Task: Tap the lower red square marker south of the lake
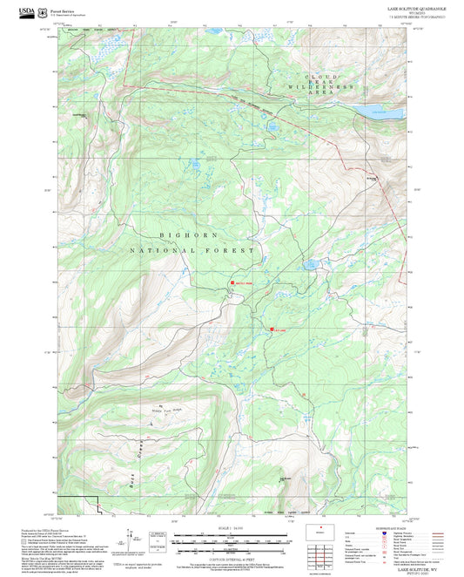[271, 329]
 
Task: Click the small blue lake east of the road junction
[309, 264]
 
